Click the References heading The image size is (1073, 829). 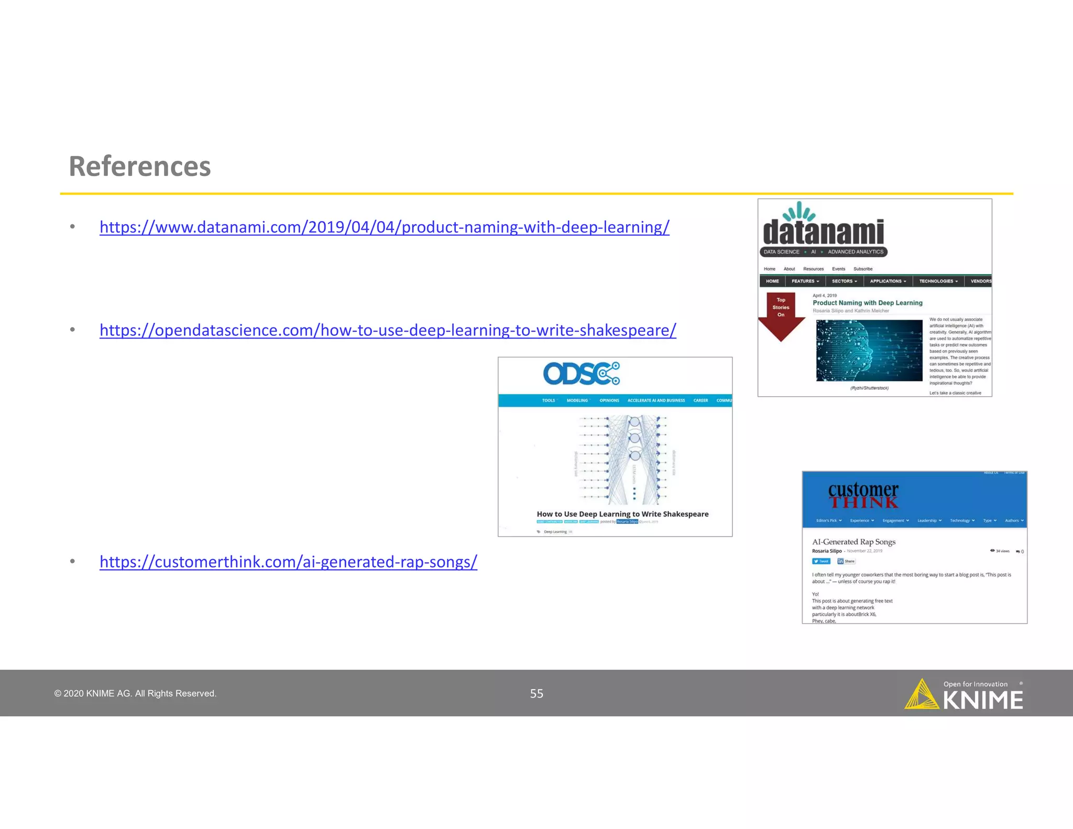140,167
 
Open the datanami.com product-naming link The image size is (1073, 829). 384,227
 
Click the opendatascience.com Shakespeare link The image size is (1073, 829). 388,330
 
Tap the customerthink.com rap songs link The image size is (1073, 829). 288,562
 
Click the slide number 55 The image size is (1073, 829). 536,693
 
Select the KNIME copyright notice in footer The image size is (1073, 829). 135,693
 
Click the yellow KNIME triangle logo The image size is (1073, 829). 921,695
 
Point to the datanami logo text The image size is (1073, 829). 823,232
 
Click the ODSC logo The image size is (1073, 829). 581,374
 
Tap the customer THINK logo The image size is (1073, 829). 863,495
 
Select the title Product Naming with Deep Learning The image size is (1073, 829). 867,303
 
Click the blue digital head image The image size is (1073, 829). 869,350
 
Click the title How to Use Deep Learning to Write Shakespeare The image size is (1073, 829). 622,514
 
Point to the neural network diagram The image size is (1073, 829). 622,459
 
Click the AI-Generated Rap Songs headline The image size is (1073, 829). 853,542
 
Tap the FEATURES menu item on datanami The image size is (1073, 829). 805,281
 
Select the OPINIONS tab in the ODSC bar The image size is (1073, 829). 609,400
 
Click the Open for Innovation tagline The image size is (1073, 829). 975,684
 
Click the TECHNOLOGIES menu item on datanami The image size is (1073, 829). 938,281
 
